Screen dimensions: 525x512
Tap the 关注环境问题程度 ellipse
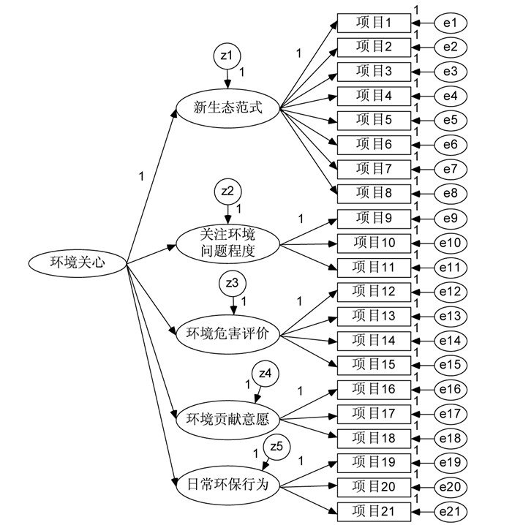228,243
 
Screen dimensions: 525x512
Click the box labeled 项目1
374,23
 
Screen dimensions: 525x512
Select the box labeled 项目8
374,194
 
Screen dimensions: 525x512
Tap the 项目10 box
374,243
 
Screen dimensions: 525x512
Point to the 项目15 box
374,364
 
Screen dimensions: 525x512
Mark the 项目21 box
374,510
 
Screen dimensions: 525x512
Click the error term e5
451,121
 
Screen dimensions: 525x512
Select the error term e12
451,292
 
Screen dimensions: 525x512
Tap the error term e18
451,437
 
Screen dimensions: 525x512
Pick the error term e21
451,510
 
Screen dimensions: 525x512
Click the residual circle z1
227,55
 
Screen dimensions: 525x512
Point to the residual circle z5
276,445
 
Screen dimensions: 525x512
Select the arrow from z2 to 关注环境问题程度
227,213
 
